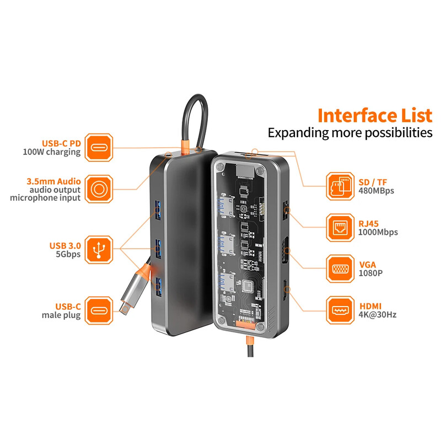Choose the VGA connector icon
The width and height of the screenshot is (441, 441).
[x=340, y=268]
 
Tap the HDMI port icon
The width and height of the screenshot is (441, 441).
[x=340, y=310]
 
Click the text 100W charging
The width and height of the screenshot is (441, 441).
[x=52, y=152]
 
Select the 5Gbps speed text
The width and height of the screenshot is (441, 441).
[x=68, y=254]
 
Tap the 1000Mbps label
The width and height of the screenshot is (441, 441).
[x=378, y=232]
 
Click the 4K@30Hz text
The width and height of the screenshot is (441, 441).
[x=378, y=315]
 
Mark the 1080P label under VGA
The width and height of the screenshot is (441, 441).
[x=370, y=273]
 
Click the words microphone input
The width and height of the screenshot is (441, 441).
[x=45, y=197]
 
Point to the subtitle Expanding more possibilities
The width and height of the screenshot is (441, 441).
[x=349, y=133]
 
